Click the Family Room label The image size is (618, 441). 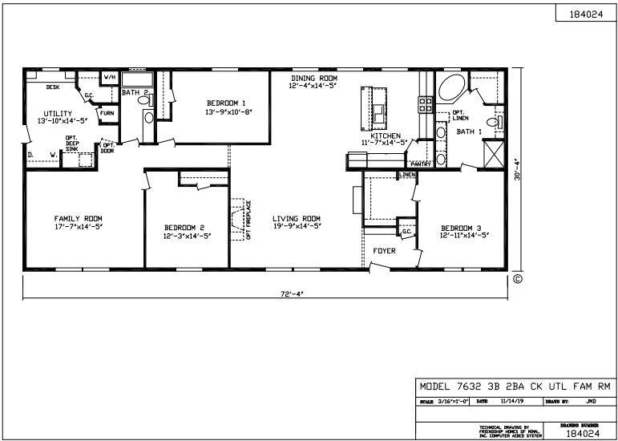78,218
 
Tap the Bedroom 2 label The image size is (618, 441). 185,226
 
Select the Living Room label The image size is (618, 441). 296,218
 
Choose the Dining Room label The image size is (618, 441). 314,76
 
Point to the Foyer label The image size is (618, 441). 385,251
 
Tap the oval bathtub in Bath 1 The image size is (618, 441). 452,87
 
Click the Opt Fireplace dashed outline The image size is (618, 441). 239,219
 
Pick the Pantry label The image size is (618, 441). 421,164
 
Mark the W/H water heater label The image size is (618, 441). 110,77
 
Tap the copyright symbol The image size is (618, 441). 517,280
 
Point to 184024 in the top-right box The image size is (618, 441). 586,15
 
